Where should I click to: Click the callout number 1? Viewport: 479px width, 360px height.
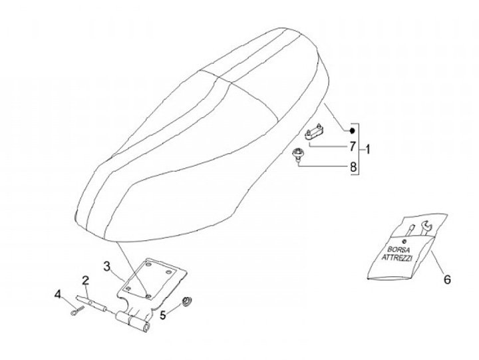point(367,150)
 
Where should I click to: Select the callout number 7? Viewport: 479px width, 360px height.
point(353,146)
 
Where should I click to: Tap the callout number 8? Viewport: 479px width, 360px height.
point(353,167)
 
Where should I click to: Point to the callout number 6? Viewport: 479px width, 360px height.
point(447,279)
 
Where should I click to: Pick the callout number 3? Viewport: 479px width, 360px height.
point(106,266)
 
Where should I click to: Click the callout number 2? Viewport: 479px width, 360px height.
point(85,281)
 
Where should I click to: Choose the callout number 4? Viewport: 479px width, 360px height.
point(58,295)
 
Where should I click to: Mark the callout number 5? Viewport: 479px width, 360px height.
point(163,315)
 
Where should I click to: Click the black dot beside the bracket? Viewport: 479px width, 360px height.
point(352,130)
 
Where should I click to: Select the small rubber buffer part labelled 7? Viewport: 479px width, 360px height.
point(314,132)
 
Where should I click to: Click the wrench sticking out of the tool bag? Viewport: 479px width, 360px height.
point(426,228)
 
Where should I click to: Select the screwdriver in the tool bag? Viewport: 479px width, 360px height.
point(409,231)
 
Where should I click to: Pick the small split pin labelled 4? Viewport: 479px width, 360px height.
point(77,311)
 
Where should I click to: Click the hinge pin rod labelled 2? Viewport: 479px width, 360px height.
point(91,303)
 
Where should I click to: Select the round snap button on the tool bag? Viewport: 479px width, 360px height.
point(406,240)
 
